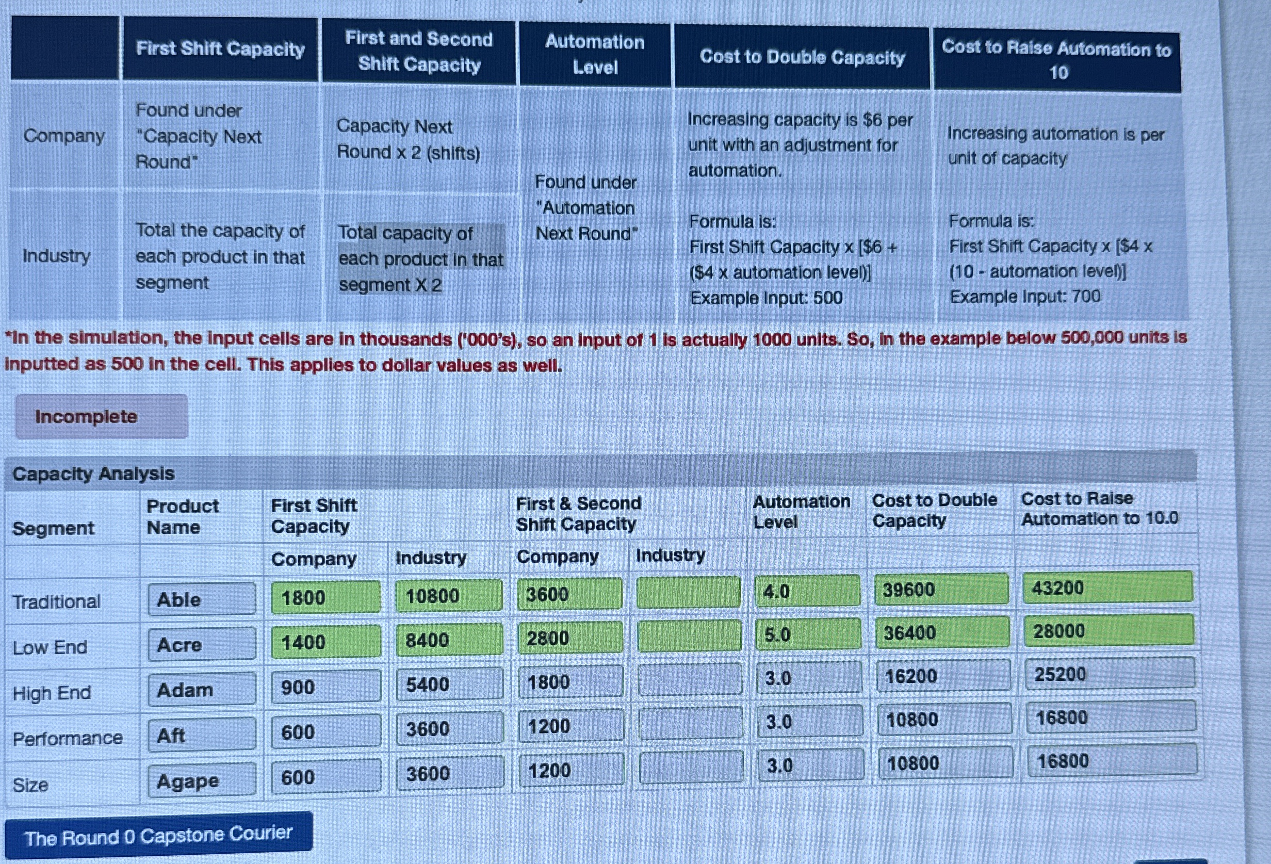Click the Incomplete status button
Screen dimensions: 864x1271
tap(101, 417)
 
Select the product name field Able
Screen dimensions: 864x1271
tap(201, 599)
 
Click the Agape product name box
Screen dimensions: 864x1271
tap(201, 780)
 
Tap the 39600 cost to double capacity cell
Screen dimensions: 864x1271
tap(941, 590)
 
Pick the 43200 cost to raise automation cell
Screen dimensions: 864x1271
tap(1107, 588)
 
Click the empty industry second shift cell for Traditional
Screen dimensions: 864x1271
tap(688, 593)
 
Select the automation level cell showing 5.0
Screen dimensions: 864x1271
tap(807, 635)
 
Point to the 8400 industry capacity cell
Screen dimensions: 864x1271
tap(448, 639)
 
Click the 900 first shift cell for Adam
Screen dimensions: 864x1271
tap(326, 687)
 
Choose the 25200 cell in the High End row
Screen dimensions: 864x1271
tap(1109, 674)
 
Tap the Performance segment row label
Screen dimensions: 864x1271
tap(68, 738)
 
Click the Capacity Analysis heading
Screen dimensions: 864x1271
tap(93, 473)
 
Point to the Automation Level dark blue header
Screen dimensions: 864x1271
tap(595, 54)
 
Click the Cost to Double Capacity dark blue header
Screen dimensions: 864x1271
tap(802, 57)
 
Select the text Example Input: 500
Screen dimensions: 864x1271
tap(765, 298)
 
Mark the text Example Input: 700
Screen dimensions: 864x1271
tap(1025, 297)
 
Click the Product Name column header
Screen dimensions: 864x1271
tap(183, 516)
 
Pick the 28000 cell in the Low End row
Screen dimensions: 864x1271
tap(1108, 630)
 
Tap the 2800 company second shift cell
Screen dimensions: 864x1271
tap(569, 638)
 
